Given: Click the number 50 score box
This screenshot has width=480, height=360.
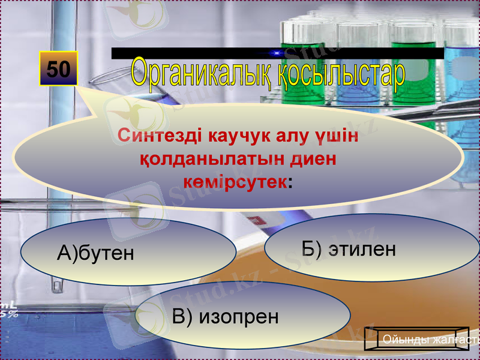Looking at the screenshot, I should [58, 69].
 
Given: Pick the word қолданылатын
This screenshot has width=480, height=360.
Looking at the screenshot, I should [212, 159].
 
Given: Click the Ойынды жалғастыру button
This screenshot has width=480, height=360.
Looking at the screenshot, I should [427, 340].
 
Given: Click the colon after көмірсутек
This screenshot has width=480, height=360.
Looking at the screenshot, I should [290, 182].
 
